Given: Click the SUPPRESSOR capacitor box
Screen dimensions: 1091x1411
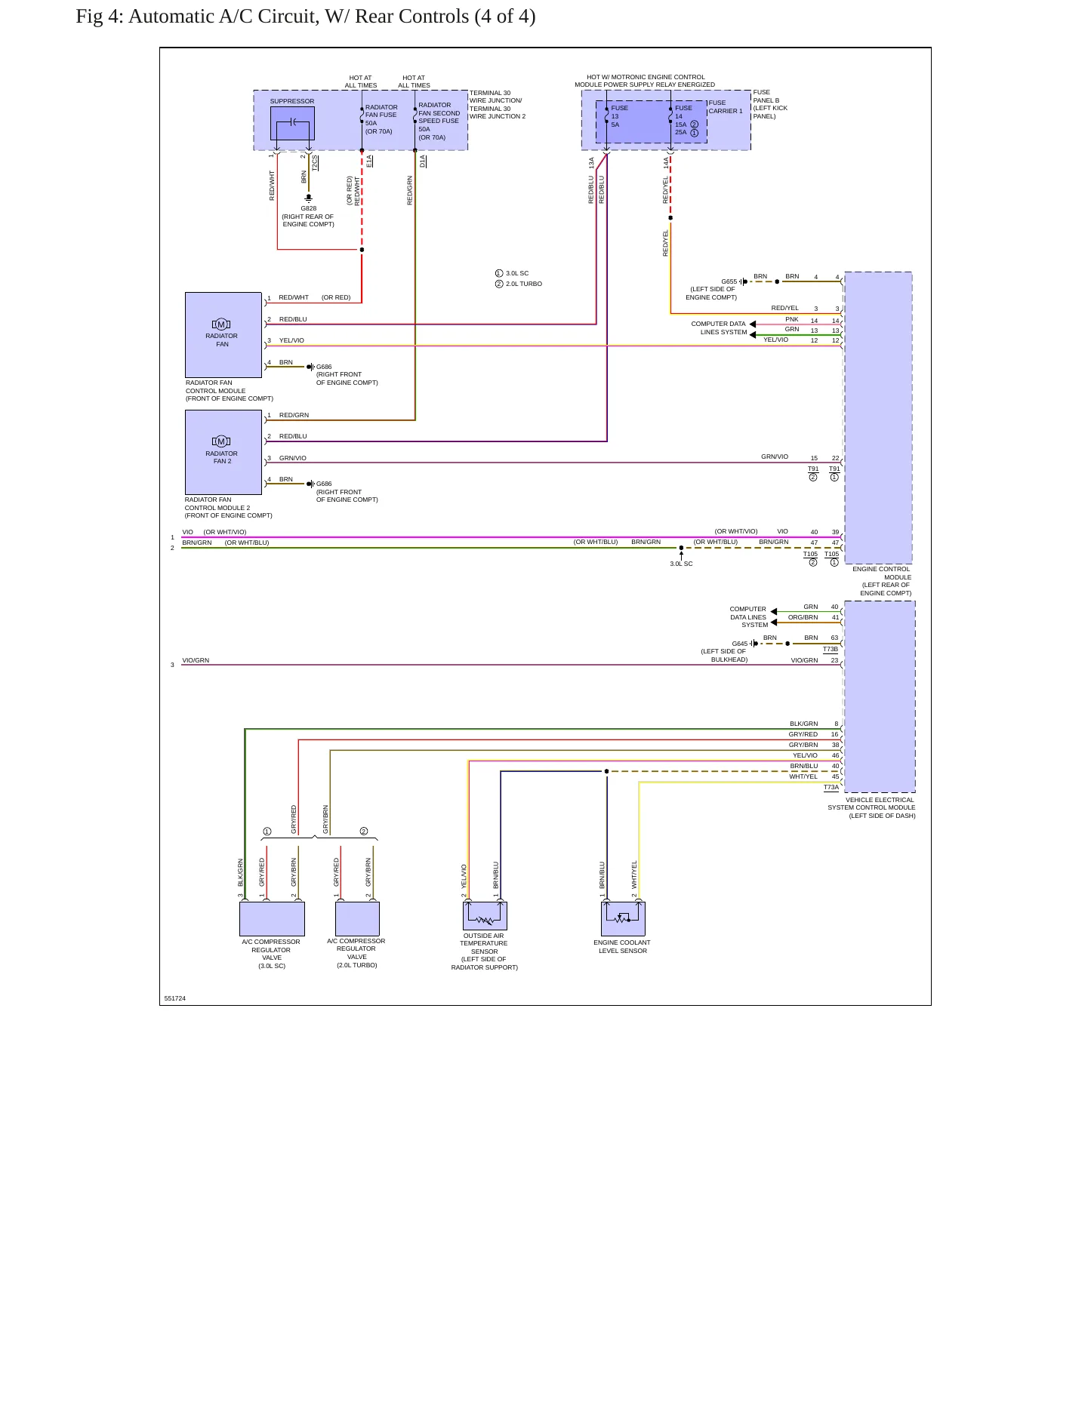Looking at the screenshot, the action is pos(292,123).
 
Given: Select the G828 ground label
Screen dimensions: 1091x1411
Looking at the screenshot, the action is pos(309,208).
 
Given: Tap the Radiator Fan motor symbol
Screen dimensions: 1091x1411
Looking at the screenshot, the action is pos(221,324).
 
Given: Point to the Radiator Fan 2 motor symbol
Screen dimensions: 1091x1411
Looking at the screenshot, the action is pos(221,441).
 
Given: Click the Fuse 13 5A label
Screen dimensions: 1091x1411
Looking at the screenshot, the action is pos(619,116).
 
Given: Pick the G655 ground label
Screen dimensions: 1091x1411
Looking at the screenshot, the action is pos(729,281).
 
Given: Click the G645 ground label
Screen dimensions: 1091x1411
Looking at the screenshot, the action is pos(739,644).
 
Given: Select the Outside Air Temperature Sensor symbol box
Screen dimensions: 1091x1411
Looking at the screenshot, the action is pos(485,916).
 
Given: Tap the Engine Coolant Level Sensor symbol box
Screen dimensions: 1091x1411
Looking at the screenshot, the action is pos(623,919).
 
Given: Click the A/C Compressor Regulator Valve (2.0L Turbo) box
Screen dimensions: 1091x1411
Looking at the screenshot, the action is pos(357,919).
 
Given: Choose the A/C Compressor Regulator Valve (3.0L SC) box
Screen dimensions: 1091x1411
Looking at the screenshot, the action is pos(272,919).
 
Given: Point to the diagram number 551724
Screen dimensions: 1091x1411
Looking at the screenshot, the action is pos(175,998).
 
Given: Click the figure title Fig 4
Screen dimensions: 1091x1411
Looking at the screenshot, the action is pos(306,17).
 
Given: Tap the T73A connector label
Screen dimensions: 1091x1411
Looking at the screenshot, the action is pos(831,787).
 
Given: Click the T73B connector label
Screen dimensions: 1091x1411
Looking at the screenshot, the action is pos(831,649).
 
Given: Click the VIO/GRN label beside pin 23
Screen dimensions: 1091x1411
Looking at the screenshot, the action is pos(804,660).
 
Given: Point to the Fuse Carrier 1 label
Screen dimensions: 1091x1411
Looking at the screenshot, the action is pos(726,107).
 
